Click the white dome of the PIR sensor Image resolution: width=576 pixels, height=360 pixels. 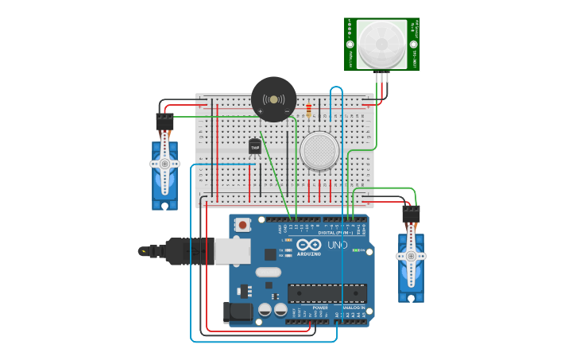coord(382,44)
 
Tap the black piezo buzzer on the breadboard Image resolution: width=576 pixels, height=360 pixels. coord(273,99)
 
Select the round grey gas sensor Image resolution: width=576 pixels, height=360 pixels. coord(319,150)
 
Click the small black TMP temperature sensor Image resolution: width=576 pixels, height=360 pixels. coord(255,146)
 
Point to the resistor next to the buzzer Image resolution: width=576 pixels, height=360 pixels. coord(308,110)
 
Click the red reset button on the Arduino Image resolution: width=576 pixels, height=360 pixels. coord(242,226)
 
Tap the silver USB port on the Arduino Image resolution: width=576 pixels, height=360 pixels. coord(231,251)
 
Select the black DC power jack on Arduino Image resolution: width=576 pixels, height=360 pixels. coord(237,312)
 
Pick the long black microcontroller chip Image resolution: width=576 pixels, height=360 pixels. coord(327,292)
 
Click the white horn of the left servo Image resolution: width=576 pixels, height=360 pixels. coord(164,163)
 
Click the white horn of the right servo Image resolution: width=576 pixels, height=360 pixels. coord(411,255)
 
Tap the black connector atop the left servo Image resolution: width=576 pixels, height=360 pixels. coord(164,121)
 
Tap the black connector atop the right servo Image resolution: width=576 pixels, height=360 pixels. coord(411,215)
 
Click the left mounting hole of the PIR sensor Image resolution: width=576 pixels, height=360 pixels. coord(350,45)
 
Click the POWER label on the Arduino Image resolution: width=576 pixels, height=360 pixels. coord(309,308)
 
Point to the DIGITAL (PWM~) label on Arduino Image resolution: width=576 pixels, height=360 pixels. coord(338,232)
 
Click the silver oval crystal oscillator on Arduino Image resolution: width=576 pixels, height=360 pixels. coord(268,272)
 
